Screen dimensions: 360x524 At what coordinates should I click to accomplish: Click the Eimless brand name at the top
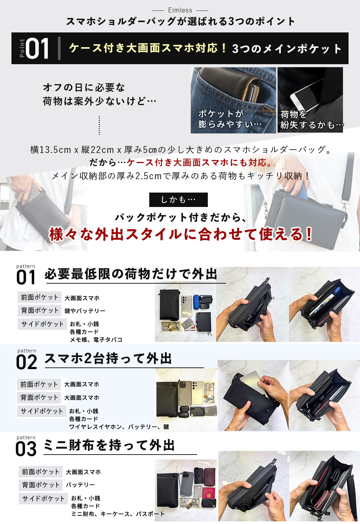[180, 10]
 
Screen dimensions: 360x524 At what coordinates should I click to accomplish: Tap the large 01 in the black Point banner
[37, 48]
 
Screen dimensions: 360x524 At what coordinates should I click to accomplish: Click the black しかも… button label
[178, 199]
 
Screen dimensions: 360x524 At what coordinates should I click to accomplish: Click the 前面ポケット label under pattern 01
[40, 297]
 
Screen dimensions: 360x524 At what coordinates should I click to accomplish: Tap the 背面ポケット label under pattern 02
[39, 398]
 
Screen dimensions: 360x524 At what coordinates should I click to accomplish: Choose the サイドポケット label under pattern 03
[43, 498]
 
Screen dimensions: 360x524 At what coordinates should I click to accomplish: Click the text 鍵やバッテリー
[85, 311]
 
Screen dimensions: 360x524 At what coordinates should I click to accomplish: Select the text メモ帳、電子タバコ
[96, 339]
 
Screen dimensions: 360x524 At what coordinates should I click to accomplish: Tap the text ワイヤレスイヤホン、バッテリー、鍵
[119, 427]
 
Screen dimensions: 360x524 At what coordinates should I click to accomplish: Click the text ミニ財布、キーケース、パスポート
[118, 514]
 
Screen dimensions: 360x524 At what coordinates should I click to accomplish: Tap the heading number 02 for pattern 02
[27, 362]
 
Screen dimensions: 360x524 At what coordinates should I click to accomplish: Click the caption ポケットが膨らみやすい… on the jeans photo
[230, 119]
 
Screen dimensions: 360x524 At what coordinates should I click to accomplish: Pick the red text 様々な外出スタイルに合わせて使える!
[180, 234]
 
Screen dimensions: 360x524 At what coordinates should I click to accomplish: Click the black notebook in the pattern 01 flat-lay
[204, 321]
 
